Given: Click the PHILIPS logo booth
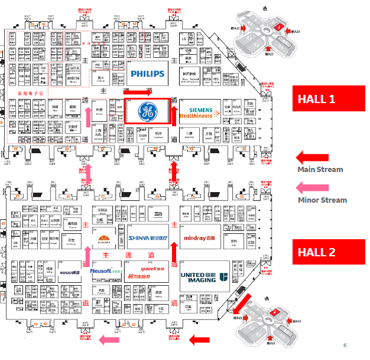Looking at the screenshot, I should click(147, 74).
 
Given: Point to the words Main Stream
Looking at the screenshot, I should click(320, 170).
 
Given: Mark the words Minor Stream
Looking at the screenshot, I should click(322, 200).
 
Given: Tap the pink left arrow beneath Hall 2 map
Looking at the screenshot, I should click(110, 339).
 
